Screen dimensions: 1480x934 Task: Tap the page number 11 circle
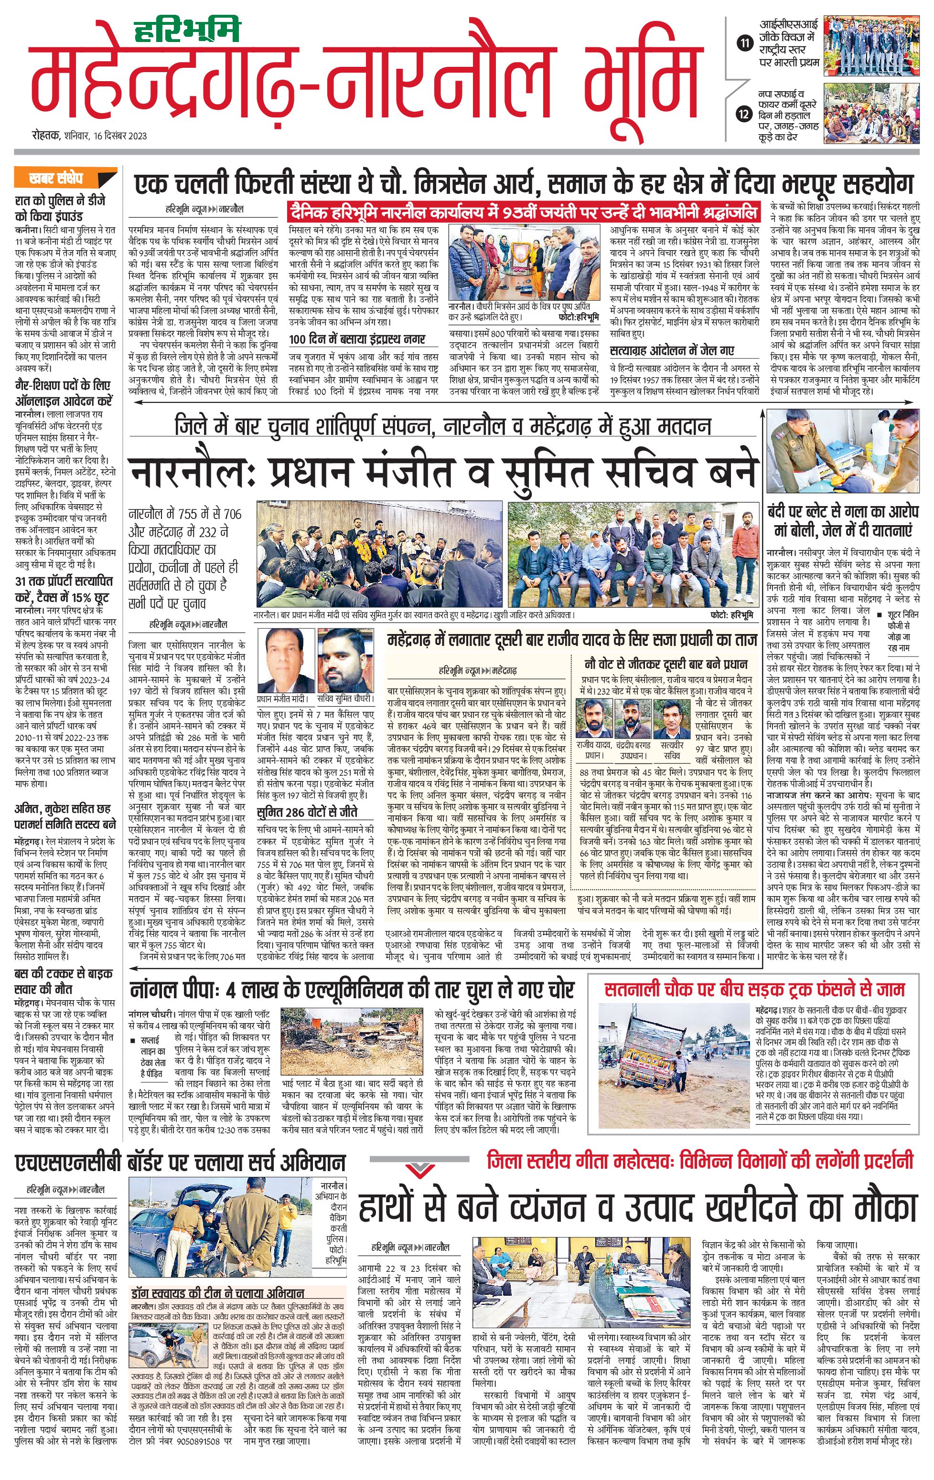coord(745,42)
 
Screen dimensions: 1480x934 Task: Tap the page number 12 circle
coord(745,114)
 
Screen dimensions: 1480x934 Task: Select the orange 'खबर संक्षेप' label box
coord(56,178)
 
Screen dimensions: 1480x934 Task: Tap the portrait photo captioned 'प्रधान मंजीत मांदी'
coord(283,661)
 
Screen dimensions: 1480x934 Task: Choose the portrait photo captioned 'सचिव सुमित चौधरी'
coord(345,661)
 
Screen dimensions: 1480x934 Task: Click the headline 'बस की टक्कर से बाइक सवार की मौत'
coord(64,982)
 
